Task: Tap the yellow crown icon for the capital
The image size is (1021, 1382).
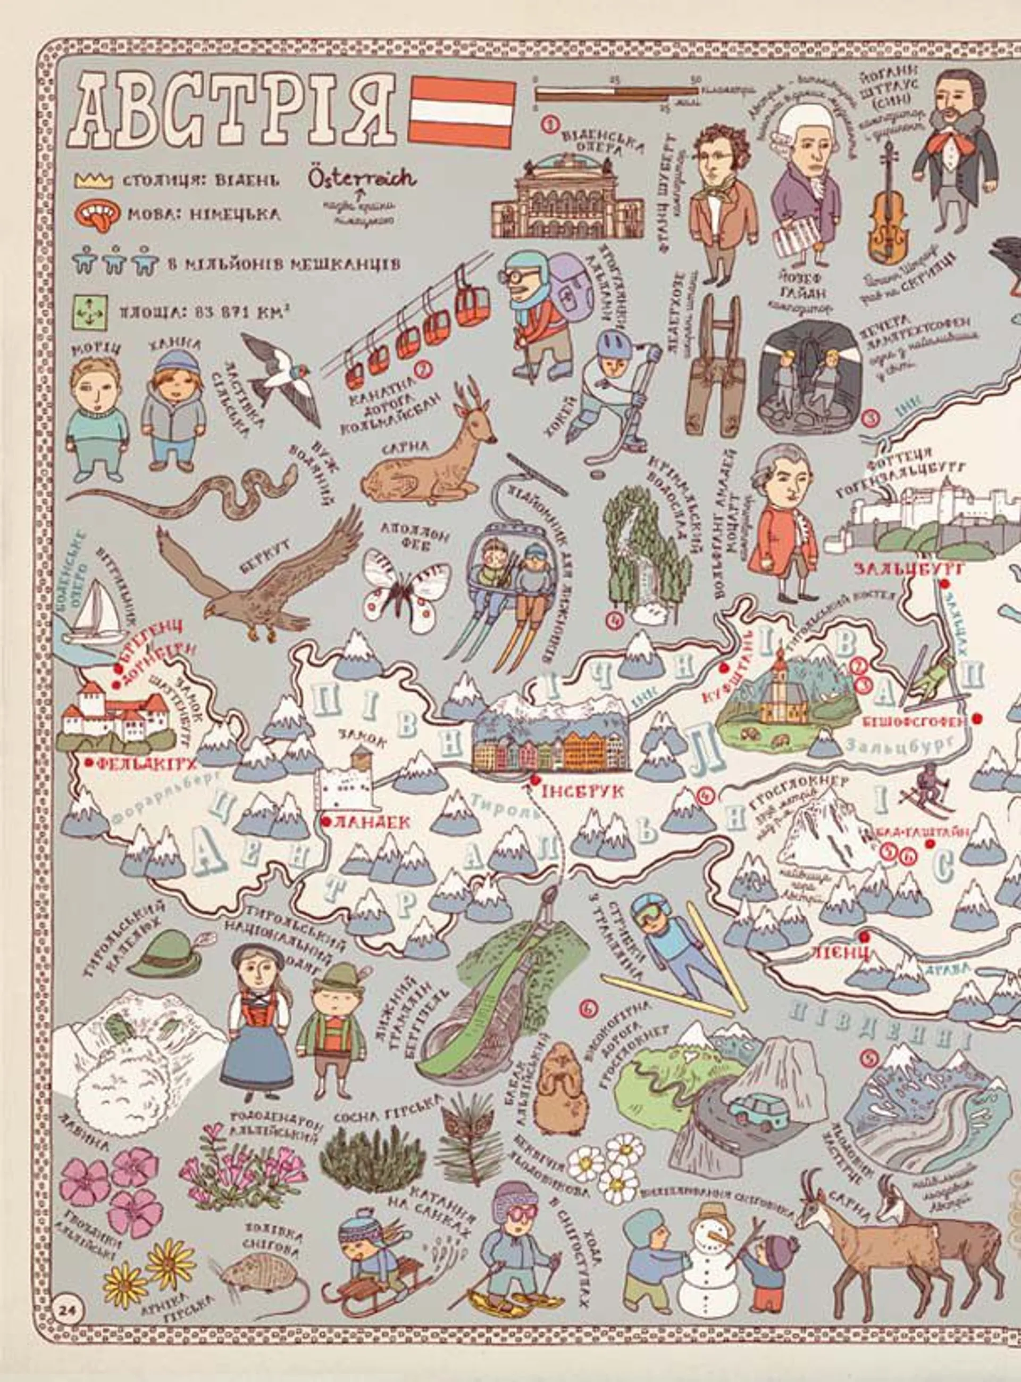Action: click(93, 180)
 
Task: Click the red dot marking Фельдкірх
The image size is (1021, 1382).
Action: click(91, 763)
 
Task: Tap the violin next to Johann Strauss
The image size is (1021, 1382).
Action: click(888, 210)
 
